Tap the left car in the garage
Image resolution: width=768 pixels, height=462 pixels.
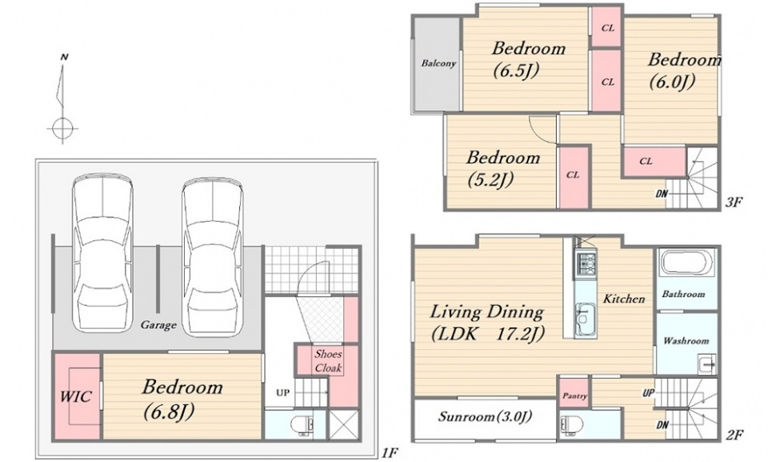coord(102,255)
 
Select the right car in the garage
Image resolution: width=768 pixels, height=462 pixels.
coord(213,256)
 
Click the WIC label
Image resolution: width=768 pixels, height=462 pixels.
coord(76,396)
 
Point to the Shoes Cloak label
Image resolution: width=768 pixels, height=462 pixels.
coord(328,361)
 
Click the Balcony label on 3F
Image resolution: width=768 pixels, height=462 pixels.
coord(438,63)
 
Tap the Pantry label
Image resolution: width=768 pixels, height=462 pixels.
coord(574,396)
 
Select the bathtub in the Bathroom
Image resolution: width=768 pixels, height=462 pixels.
coord(686,263)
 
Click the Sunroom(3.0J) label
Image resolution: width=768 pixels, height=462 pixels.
coord(485,417)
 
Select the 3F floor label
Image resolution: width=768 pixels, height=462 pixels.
coord(734,201)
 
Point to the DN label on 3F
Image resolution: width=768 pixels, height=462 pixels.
coord(662,195)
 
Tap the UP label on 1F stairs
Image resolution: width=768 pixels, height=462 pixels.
coord(282,392)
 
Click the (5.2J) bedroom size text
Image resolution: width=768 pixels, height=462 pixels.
coord(490,180)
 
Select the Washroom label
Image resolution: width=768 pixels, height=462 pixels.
coord(686,340)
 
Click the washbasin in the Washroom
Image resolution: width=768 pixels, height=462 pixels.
coord(707,364)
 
